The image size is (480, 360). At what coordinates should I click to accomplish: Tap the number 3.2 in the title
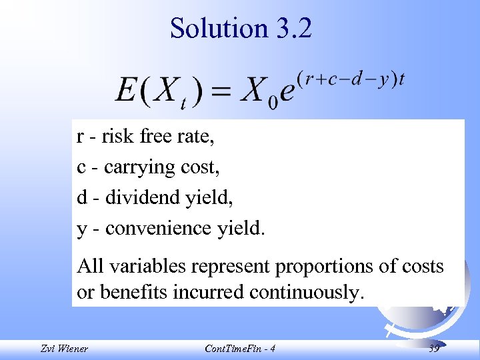click(x=292, y=29)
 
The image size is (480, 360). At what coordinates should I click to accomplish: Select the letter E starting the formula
click(x=126, y=90)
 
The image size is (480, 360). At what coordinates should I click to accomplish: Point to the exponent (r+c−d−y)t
click(x=351, y=79)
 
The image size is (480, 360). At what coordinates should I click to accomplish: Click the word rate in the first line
click(x=196, y=137)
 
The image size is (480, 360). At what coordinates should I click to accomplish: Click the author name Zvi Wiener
click(x=64, y=349)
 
